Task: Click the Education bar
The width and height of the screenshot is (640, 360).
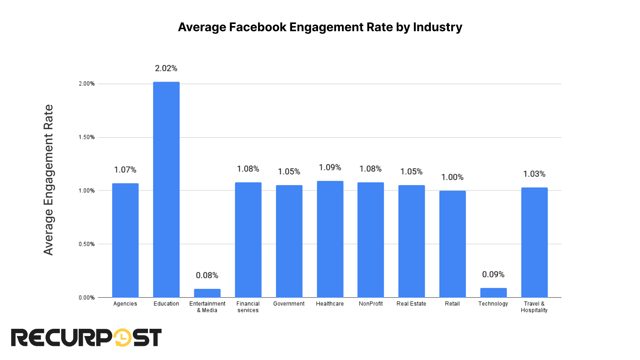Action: pyautogui.click(x=166, y=190)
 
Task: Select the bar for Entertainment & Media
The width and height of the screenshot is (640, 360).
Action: pyautogui.click(x=207, y=293)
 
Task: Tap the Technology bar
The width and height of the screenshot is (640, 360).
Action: pyautogui.click(x=493, y=293)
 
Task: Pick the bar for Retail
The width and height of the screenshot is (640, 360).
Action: pyautogui.click(x=452, y=244)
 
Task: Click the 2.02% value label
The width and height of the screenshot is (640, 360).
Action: pyautogui.click(x=166, y=68)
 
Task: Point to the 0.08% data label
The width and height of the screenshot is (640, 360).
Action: pyautogui.click(x=207, y=276)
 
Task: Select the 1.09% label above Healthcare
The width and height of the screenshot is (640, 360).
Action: pyautogui.click(x=330, y=168)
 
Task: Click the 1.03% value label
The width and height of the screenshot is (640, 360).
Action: pyautogui.click(x=534, y=174)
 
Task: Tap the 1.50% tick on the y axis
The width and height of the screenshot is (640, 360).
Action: pyautogui.click(x=87, y=137)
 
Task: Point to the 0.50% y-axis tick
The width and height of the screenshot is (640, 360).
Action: pyautogui.click(x=87, y=244)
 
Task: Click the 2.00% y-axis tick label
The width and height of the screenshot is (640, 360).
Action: pyautogui.click(x=87, y=84)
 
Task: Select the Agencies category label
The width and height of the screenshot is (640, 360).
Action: pyautogui.click(x=125, y=304)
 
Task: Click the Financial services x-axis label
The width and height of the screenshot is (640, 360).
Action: pyautogui.click(x=248, y=307)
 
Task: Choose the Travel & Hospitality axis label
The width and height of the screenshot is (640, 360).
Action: pyautogui.click(x=534, y=307)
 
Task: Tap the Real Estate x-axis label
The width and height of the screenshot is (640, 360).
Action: pyautogui.click(x=411, y=304)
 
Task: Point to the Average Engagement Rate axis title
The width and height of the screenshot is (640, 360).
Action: pyautogui.click(x=48, y=180)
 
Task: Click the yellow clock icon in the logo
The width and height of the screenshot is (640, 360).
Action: pyautogui.click(x=122, y=338)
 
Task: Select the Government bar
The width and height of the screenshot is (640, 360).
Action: pyautogui.click(x=289, y=241)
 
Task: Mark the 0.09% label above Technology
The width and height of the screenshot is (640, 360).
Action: pyautogui.click(x=493, y=274)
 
